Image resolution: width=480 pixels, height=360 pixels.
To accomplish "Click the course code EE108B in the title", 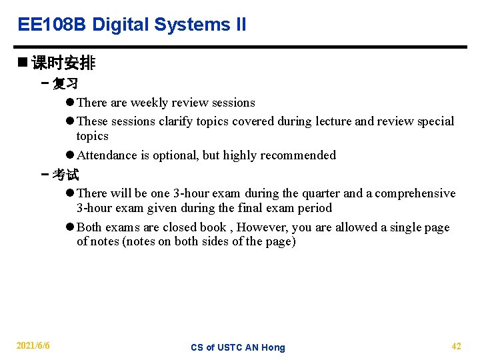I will [52, 25].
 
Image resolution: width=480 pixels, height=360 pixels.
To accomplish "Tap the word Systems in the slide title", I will [192, 25].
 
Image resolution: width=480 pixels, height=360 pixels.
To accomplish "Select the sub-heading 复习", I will [65, 84].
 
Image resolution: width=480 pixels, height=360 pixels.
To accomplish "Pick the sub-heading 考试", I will [65, 175].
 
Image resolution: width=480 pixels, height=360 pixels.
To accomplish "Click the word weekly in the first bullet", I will [149, 103].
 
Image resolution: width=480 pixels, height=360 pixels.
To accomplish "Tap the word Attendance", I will [107, 155].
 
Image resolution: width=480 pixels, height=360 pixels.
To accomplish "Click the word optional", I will [176, 155].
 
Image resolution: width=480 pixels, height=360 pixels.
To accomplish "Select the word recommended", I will [298, 155].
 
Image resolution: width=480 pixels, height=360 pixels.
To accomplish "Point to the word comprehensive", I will [415, 193].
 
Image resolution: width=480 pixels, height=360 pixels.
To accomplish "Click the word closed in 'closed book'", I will [180, 227].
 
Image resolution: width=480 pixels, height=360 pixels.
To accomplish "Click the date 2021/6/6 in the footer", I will [33, 346].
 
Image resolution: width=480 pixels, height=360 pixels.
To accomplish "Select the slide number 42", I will [456, 346].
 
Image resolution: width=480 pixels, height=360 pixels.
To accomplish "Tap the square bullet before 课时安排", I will [23, 63].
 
